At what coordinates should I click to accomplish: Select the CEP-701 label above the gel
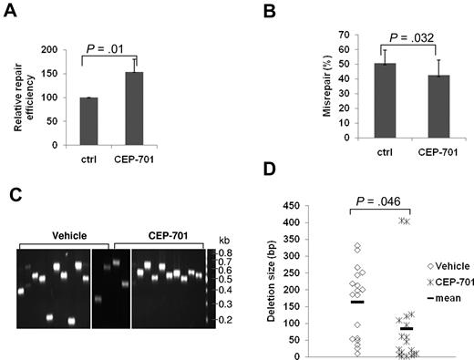click(x=160, y=235)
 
